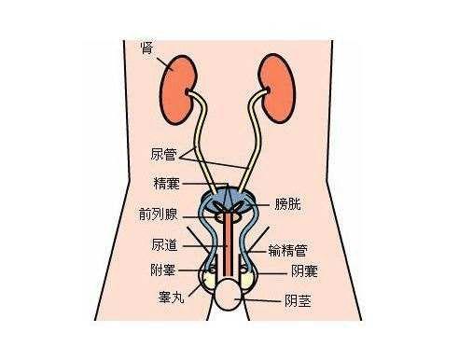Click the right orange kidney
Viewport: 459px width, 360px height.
pyautogui.click(x=276, y=85)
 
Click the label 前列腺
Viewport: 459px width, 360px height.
pyautogui.click(x=159, y=212)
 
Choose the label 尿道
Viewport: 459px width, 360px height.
pyautogui.click(x=164, y=246)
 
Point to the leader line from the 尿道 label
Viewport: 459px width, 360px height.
pyautogui.click(x=198, y=246)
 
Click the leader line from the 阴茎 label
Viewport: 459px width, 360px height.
pyautogui.click(x=265, y=300)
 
